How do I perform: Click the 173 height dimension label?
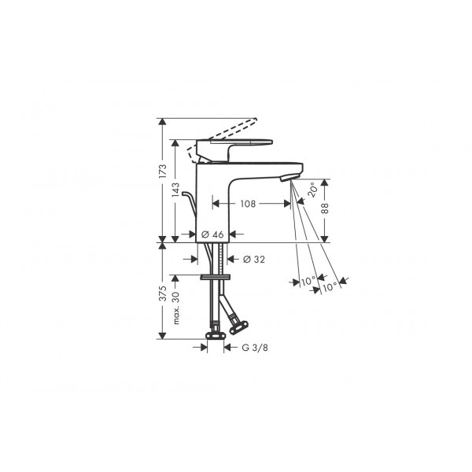[163, 171]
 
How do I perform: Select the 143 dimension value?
[175, 190]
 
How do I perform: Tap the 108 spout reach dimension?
[248, 204]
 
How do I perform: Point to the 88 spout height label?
[325, 208]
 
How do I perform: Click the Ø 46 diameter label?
[212, 234]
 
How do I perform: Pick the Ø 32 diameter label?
[254, 259]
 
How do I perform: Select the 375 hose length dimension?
[163, 293]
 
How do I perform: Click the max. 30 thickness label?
[176, 308]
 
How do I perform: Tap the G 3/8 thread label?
[255, 348]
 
